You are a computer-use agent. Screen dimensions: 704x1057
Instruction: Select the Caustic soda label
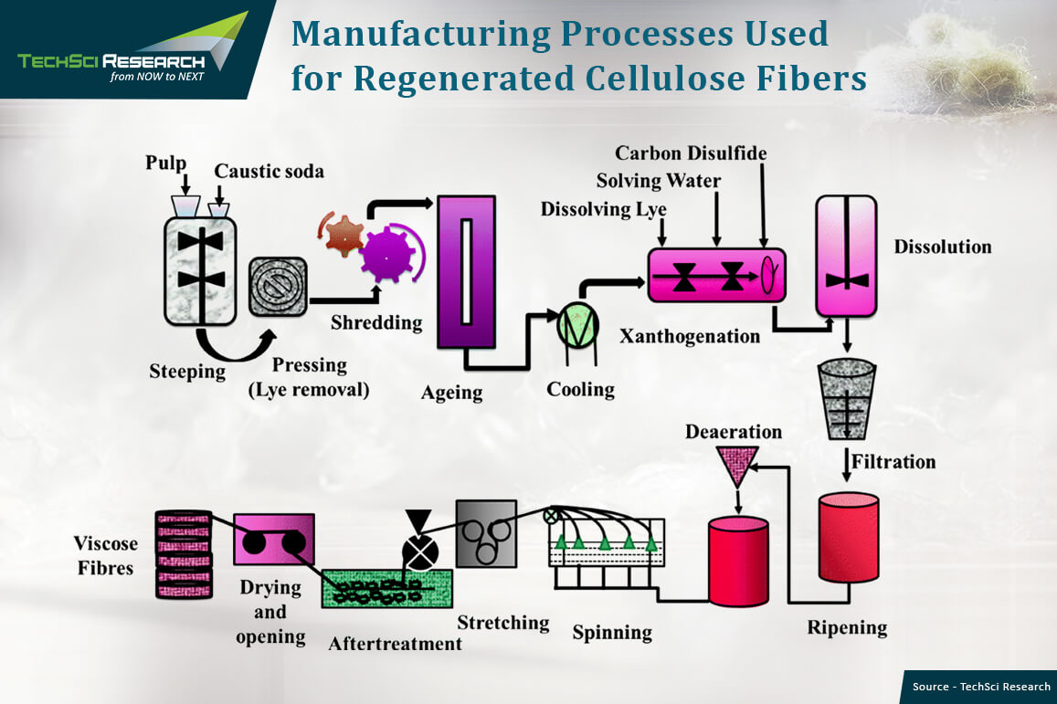tap(269, 172)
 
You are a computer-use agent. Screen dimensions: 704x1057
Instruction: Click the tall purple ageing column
tap(466, 271)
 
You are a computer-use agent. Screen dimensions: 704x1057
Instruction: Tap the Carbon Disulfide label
tap(691, 152)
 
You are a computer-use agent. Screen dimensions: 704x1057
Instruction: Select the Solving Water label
tap(658, 181)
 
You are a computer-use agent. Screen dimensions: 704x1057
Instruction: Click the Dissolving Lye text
tap(603, 209)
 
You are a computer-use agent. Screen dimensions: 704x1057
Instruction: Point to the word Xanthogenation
tap(690, 336)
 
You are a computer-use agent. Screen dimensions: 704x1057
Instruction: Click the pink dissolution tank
tap(846, 257)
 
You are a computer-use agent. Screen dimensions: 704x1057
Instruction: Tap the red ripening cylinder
tap(848, 537)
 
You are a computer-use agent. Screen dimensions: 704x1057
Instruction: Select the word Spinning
tap(612, 632)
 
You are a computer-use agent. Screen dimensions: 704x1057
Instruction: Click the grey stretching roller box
tap(486, 532)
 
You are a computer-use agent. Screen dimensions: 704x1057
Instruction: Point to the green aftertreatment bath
tap(387, 591)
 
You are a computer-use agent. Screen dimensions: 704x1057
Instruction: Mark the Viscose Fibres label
tap(106, 555)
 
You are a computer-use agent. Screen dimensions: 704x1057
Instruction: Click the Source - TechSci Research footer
tap(981, 687)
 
